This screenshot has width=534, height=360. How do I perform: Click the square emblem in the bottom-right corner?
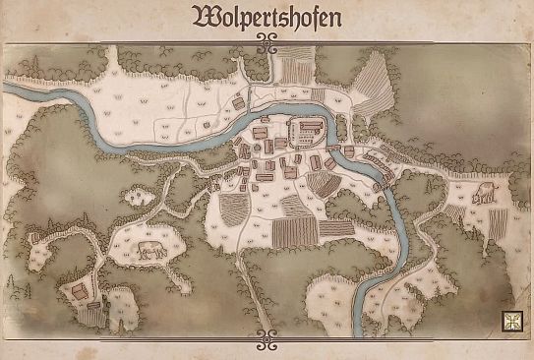click(510, 321)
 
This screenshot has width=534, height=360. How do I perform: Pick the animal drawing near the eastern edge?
click(482, 195)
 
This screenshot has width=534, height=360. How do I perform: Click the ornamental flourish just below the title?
click(267, 40)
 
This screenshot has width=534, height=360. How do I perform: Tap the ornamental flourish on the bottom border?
click(267, 339)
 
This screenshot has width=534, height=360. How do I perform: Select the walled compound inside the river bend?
click(309, 133)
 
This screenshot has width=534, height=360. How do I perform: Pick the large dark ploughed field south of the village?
click(294, 232)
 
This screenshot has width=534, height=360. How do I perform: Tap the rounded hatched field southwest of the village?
click(234, 209)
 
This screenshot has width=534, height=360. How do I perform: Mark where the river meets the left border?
click(7, 89)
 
